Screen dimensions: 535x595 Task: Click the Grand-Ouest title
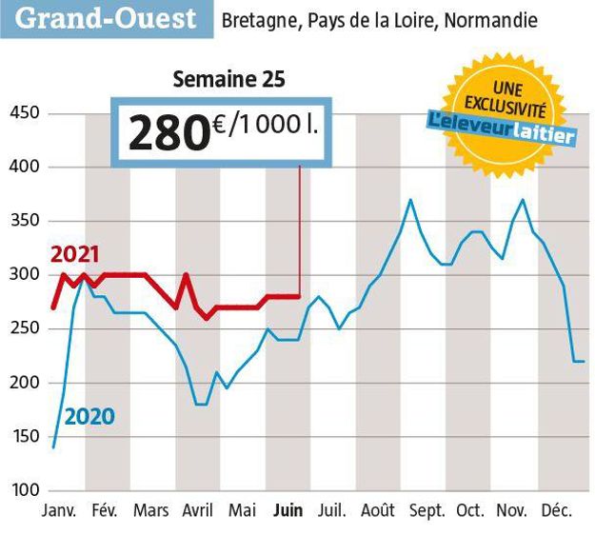point(108,18)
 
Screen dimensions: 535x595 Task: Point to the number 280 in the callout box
point(169,132)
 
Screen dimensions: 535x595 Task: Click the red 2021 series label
point(75,254)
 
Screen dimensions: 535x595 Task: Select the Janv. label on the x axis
point(60,511)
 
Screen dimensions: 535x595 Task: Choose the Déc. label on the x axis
point(556,511)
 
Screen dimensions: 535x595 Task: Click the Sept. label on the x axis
point(426,511)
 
